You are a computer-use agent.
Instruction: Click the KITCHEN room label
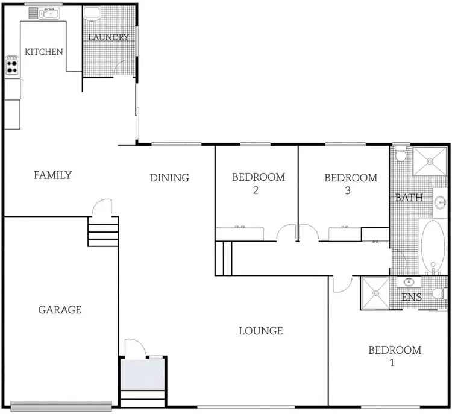[43, 52]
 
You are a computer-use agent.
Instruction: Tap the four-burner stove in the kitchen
[12, 65]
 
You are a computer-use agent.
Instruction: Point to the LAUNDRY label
[108, 37]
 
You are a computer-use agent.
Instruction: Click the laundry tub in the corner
[92, 14]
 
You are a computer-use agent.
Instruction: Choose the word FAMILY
[52, 175]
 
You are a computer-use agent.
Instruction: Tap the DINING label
[169, 178]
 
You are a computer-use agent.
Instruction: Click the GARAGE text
[60, 310]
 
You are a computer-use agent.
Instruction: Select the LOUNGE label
[261, 331]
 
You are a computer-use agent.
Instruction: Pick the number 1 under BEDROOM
[392, 363]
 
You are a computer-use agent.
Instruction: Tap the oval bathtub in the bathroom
[432, 246]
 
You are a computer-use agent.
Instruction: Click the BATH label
[409, 198]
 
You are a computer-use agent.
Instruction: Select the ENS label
[412, 298]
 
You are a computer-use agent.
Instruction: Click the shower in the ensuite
[377, 293]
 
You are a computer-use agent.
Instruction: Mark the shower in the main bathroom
[430, 161]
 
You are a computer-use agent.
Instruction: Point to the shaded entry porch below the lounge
[142, 374]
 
